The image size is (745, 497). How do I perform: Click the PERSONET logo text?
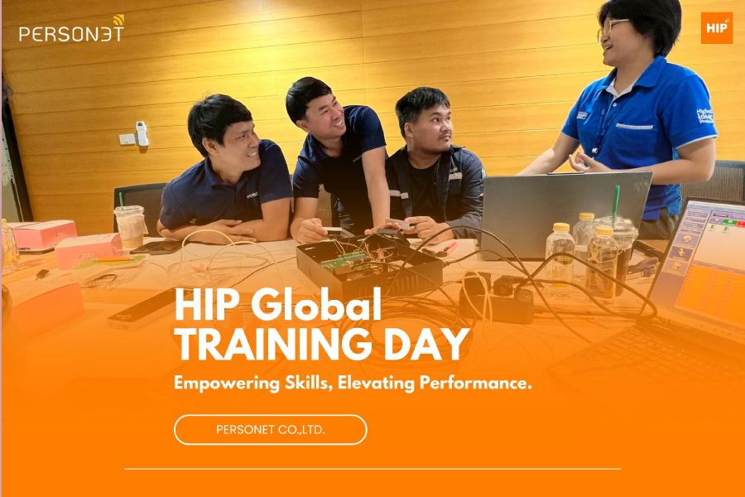[x=71, y=33]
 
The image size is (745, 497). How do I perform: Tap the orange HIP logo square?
[x=716, y=28]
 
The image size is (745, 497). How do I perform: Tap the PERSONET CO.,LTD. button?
[x=270, y=429]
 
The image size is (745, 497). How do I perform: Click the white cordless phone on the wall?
[x=142, y=134]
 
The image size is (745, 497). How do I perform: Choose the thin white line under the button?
[x=372, y=469]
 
